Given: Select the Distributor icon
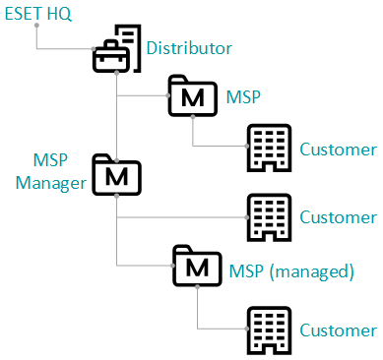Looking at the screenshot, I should (117, 49).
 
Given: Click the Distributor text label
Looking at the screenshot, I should (189, 47).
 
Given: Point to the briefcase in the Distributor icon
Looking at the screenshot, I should (110, 58).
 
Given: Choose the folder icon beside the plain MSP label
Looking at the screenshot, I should (194, 95).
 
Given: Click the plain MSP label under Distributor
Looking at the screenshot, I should (244, 96).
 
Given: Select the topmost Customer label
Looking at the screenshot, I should (338, 150).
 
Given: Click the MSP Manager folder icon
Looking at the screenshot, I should (117, 174).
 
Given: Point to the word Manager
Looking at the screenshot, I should (47, 183).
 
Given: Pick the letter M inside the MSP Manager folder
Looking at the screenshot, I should (117, 177).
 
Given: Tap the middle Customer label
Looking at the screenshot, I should (338, 216).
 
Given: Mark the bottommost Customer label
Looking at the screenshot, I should (338, 330).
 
